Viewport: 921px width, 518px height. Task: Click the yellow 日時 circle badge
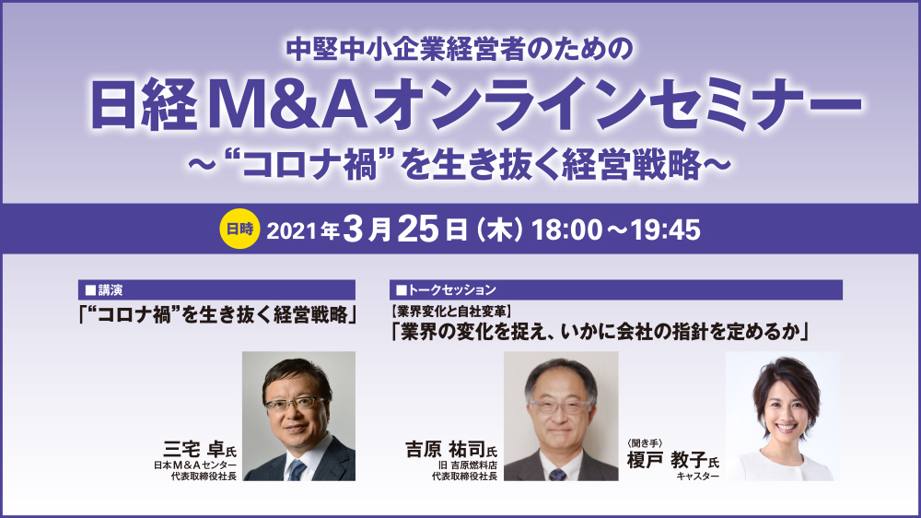tap(239, 229)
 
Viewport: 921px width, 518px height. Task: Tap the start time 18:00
tap(566, 230)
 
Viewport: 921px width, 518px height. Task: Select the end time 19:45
tap(665, 230)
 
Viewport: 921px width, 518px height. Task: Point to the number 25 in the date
tap(418, 229)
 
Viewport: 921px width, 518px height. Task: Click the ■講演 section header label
tap(104, 289)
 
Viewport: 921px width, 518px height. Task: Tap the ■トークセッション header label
tap(446, 289)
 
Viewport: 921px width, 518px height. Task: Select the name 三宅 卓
tap(194, 450)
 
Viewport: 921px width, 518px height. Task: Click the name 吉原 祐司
tap(445, 450)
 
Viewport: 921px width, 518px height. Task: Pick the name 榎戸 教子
tap(667, 459)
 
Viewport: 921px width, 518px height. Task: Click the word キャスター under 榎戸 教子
tap(697, 476)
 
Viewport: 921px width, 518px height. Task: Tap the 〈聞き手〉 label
tap(645, 443)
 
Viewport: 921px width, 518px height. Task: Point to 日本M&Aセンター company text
tap(195, 465)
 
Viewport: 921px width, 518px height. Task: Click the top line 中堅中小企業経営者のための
tap(460, 49)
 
